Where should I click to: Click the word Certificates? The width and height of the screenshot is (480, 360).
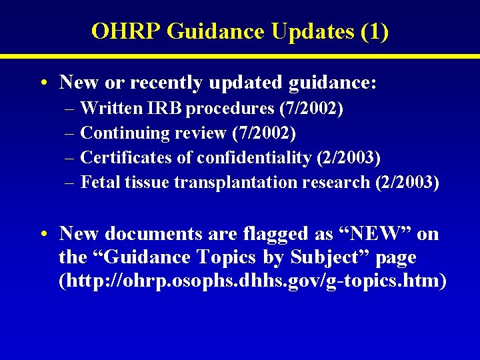click(125, 158)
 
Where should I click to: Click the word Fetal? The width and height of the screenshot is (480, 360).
click(100, 183)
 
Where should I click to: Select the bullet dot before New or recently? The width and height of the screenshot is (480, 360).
click(42, 84)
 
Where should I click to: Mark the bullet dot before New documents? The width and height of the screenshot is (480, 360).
click(42, 235)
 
